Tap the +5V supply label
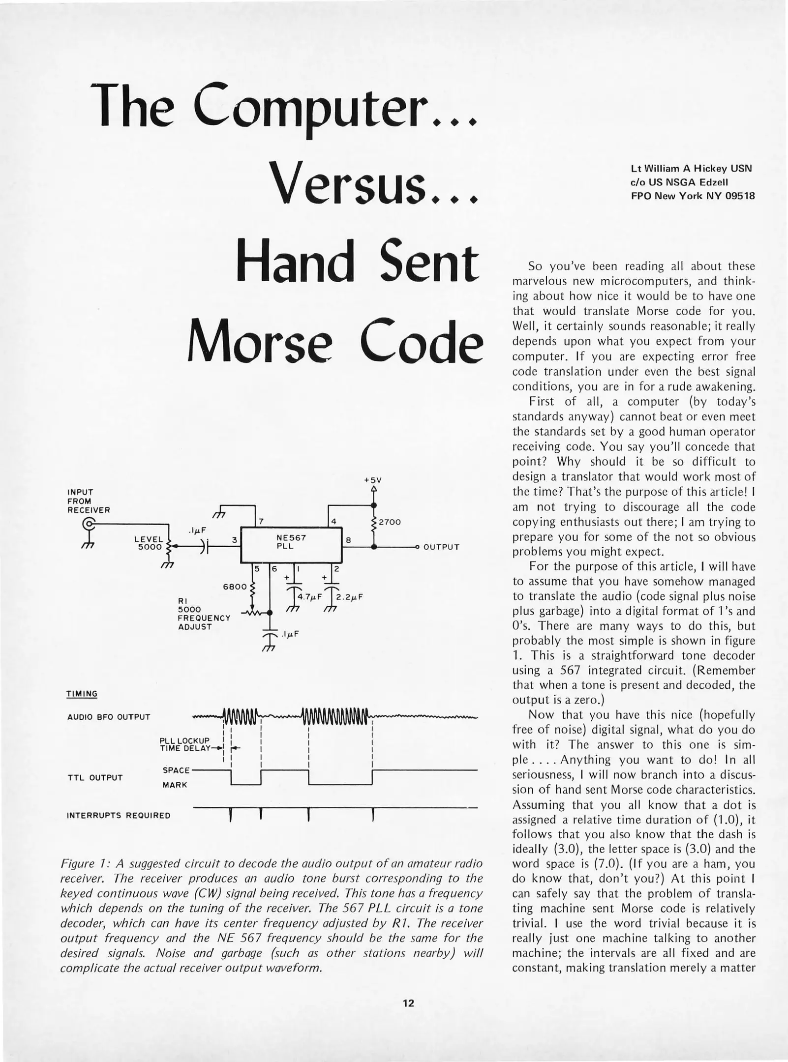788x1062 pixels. [373, 479]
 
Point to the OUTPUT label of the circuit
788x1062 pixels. [441, 547]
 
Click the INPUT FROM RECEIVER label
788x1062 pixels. [89, 501]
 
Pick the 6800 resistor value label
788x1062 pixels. [234, 587]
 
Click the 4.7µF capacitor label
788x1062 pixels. [309, 597]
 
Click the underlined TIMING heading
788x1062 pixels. [82, 694]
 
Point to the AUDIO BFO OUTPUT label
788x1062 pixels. [108, 717]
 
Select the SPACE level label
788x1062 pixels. [176, 770]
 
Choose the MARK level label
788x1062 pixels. [175, 785]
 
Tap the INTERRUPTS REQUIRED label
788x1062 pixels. [118, 815]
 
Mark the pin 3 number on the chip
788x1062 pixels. [235, 540]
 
